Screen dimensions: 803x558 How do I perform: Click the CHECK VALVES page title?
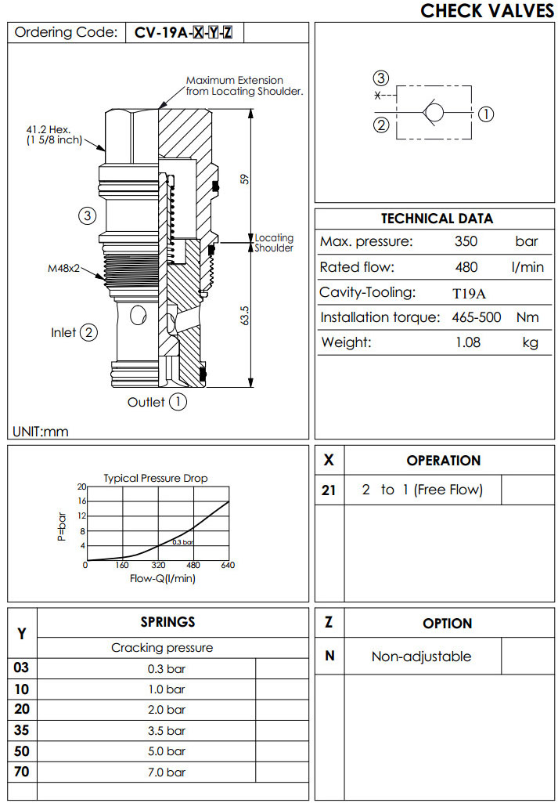pyautogui.click(x=487, y=11)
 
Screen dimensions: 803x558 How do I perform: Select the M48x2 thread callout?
pyautogui.click(x=63, y=268)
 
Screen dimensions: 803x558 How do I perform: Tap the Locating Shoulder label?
pyautogui.click(x=274, y=243)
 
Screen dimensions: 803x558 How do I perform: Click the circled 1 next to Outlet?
pyautogui.click(x=178, y=402)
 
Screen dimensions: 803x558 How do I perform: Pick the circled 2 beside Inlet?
pyautogui.click(x=89, y=333)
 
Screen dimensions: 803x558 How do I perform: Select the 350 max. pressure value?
pyautogui.click(x=466, y=241)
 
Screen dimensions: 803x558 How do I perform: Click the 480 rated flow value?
pyautogui.click(x=466, y=267)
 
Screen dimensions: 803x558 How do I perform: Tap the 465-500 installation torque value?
pyautogui.click(x=476, y=317)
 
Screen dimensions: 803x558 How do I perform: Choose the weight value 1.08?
pyautogui.click(x=468, y=342)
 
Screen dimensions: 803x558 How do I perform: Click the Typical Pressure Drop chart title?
pyautogui.click(x=156, y=478)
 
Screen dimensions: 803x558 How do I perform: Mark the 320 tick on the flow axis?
pyautogui.click(x=158, y=566)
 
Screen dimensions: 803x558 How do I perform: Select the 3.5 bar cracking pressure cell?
pyautogui.click(x=166, y=730)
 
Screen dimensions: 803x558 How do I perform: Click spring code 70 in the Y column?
pyautogui.click(x=21, y=772)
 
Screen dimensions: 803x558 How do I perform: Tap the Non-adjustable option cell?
pyautogui.click(x=421, y=657)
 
